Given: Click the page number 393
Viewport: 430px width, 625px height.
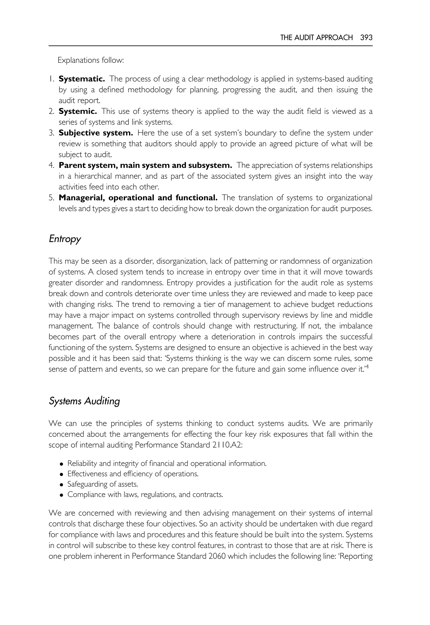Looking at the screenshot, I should (x=366, y=37).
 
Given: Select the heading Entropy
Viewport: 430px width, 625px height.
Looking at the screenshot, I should (x=65, y=239).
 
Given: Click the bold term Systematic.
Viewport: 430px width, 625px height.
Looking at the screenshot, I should (x=82, y=79).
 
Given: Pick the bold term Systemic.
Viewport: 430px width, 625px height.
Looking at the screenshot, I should (x=78, y=111).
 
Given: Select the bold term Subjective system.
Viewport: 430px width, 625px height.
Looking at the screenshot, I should (x=96, y=133).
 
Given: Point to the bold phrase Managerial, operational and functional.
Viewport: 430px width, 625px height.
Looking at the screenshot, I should (x=138, y=198).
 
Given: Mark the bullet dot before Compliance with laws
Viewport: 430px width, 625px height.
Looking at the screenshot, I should (x=62, y=495).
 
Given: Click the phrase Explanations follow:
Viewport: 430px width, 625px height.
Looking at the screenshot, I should (x=90, y=60).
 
